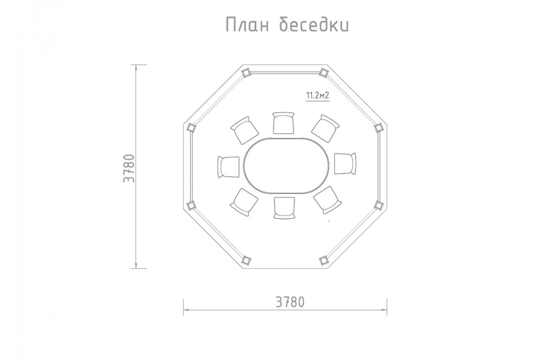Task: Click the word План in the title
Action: pyautogui.click(x=247, y=25)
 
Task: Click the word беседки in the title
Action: pyautogui.click(x=314, y=25)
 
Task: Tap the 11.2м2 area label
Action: pyautogui.click(x=317, y=96)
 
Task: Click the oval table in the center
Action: pyautogui.click(x=288, y=166)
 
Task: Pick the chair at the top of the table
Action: pyautogui.click(x=284, y=123)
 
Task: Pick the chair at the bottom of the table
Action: pyautogui.click(x=284, y=208)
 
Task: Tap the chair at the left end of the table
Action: pyautogui.click(x=229, y=166)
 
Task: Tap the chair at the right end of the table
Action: pyautogui.click(x=345, y=163)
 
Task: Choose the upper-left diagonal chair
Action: pyautogui.click(x=245, y=129)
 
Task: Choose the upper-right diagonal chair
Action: pyautogui.click(x=325, y=128)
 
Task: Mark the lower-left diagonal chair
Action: pyautogui.click(x=244, y=201)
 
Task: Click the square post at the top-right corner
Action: pyautogui.click(x=324, y=72)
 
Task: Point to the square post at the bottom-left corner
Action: pyautogui.click(x=246, y=260)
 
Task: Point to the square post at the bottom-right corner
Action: pyautogui.click(x=323, y=260)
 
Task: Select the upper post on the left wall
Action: pyautogui.click(x=191, y=128)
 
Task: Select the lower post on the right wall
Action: pyautogui.click(x=378, y=205)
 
